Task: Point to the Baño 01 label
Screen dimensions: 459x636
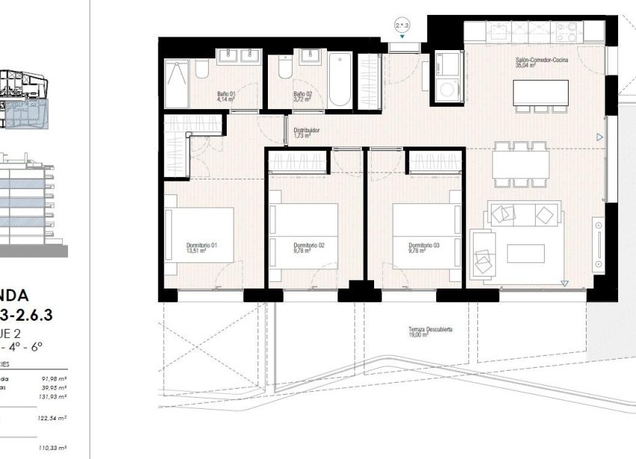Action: tap(226, 96)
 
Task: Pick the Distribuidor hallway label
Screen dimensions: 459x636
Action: tap(307, 132)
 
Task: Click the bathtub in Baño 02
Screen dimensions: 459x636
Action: tap(338, 80)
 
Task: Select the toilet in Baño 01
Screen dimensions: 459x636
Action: tap(201, 71)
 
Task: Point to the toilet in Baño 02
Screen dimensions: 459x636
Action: tap(284, 71)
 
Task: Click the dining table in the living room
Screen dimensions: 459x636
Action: tap(521, 162)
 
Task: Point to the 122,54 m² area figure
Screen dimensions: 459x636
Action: tap(57, 418)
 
